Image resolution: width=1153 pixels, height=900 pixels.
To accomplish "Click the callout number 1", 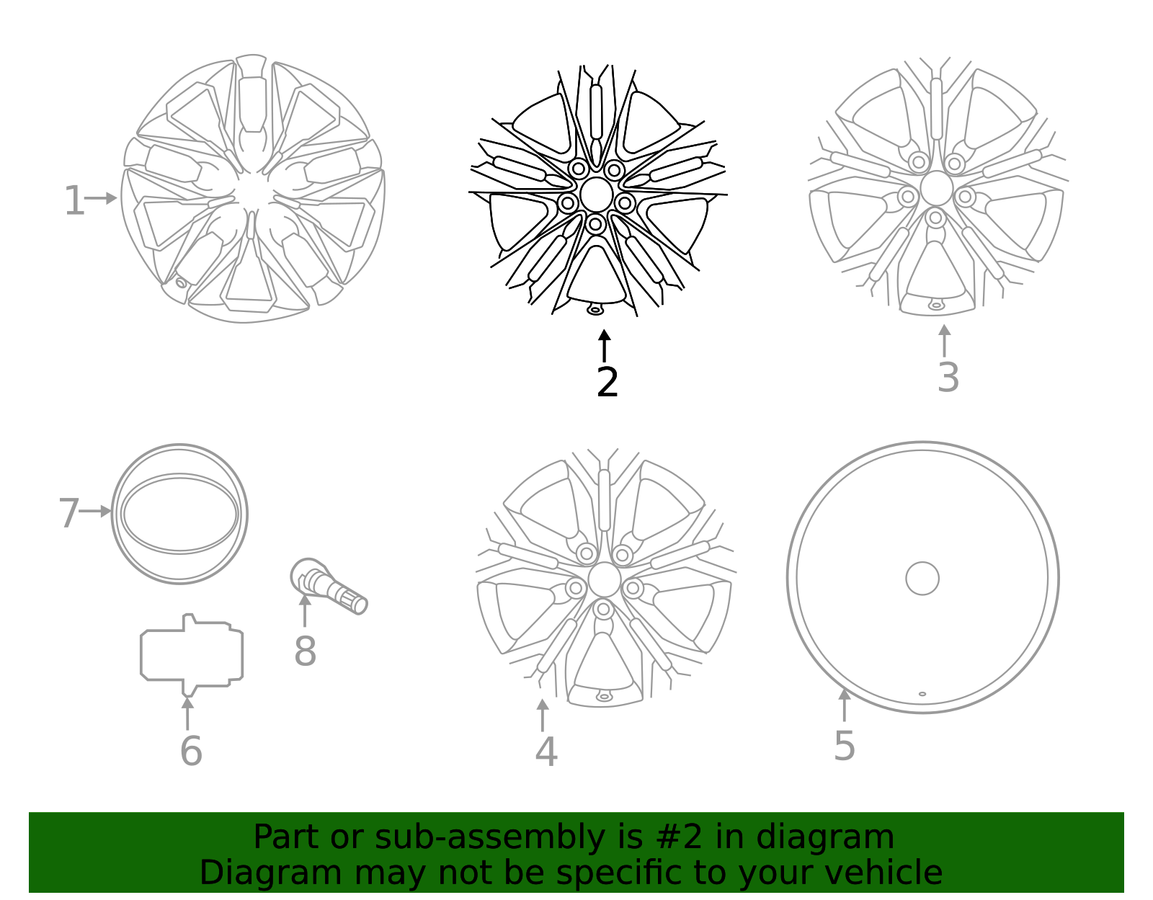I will tap(74, 200).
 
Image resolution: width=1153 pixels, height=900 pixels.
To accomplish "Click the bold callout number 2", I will tap(607, 382).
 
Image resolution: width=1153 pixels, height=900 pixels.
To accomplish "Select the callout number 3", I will tap(948, 377).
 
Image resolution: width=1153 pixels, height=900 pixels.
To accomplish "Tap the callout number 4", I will tap(546, 752).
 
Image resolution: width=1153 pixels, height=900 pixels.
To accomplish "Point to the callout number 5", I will tap(844, 745).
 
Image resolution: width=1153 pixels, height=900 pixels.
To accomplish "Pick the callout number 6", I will tap(190, 751).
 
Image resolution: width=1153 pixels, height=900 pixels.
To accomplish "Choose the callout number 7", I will tap(68, 513).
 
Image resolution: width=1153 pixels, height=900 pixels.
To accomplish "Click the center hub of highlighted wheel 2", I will tap(596, 195).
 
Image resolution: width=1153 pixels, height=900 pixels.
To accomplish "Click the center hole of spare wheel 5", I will tap(922, 578).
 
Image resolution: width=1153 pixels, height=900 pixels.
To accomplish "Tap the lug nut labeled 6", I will tap(192, 654).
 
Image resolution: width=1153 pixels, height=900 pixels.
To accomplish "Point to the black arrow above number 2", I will tap(605, 345).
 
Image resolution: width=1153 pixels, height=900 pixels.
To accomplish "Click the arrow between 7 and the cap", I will tap(96, 511).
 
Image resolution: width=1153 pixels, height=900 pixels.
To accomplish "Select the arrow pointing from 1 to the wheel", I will tap(102, 198).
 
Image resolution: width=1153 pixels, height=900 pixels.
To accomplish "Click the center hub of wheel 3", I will tap(936, 188).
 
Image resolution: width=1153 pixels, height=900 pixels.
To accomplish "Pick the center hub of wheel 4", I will tap(604, 580).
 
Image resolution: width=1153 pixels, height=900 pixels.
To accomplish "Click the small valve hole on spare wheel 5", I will tap(922, 694).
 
